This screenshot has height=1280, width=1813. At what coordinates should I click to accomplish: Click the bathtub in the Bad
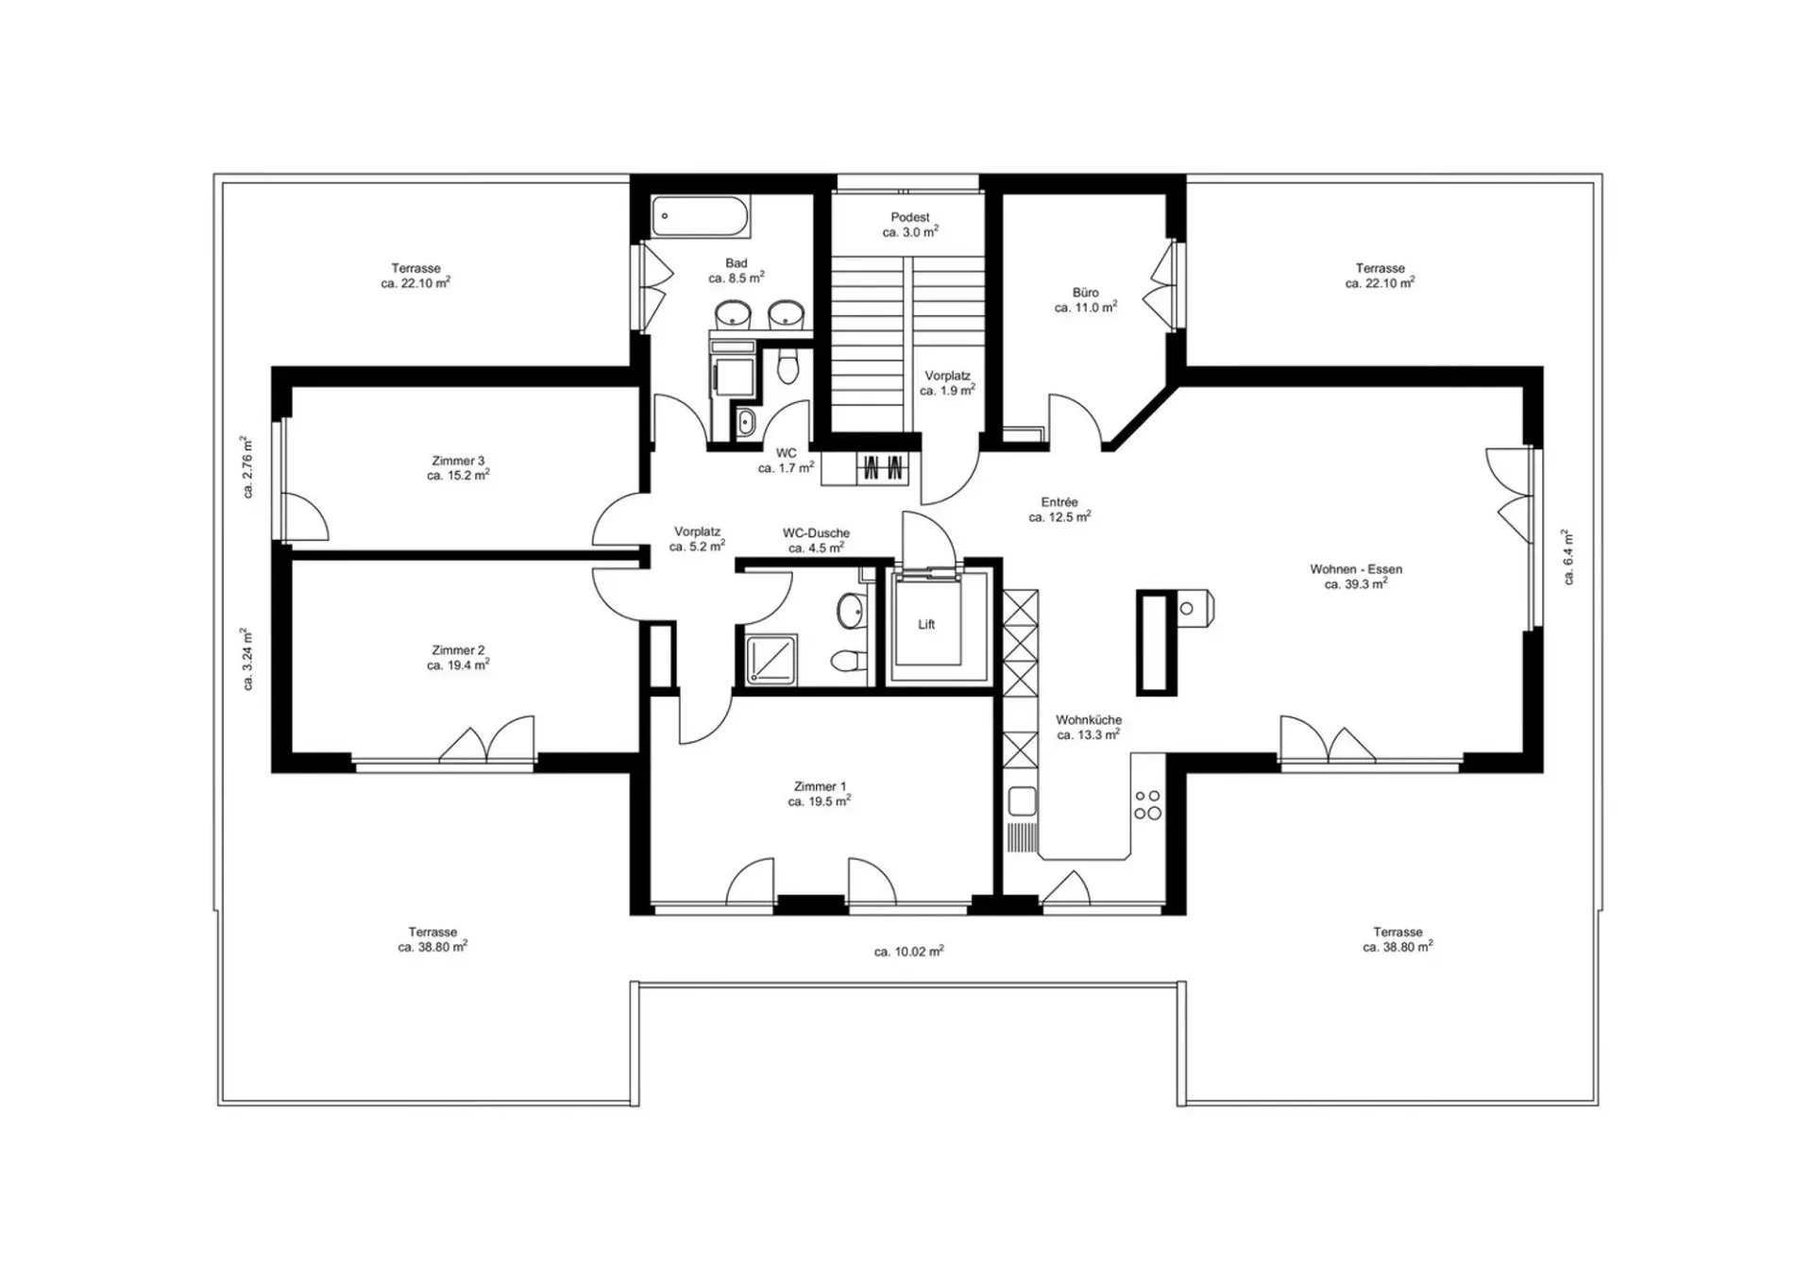click(x=700, y=216)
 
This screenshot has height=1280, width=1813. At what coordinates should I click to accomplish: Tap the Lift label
click(x=926, y=625)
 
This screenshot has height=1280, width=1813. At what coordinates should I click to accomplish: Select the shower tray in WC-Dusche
click(x=771, y=659)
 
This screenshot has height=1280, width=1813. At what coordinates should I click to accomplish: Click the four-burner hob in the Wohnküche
click(x=1147, y=805)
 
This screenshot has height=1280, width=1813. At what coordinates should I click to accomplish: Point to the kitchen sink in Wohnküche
click(x=1022, y=801)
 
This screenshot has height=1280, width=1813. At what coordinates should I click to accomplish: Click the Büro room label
click(x=1086, y=293)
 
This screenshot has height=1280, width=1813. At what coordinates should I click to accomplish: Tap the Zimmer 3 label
click(x=458, y=461)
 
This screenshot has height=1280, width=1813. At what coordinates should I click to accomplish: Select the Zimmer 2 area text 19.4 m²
click(x=458, y=665)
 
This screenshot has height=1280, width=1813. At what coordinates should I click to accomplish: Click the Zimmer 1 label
click(x=820, y=786)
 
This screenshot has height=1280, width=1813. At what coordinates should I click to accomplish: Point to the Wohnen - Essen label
click(x=1356, y=569)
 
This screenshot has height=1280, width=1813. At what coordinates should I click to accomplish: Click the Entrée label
click(x=1059, y=502)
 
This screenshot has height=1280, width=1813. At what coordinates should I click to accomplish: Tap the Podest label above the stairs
click(x=910, y=217)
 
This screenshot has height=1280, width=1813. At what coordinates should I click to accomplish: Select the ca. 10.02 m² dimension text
click(x=908, y=952)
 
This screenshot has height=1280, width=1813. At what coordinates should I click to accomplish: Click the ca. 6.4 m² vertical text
click(x=1567, y=557)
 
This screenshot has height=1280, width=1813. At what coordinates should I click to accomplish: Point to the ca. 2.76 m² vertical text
click(x=246, y=466)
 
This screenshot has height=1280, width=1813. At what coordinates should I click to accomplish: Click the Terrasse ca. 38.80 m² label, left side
click(x=432, y=939)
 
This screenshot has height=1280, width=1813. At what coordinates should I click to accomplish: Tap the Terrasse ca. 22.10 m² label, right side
click(x=1380, y=276)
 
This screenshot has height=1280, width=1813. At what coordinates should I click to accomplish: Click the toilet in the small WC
click(x=787, y=366)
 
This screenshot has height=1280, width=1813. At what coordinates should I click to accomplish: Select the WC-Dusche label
click(x=816, y=533)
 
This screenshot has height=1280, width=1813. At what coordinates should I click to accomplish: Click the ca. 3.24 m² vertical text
click(x=246, y=659)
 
